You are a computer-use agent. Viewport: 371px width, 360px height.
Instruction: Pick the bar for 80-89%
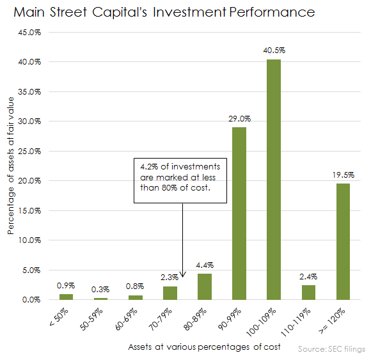205,286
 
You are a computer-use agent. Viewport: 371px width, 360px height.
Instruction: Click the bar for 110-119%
308,292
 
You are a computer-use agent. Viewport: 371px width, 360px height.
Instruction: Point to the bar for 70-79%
170,293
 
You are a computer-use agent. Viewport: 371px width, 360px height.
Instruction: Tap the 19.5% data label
343,174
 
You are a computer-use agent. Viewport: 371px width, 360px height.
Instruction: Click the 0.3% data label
101,288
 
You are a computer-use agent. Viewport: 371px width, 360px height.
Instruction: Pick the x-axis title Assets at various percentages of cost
185,347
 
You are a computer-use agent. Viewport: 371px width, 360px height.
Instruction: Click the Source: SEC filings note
331,349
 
